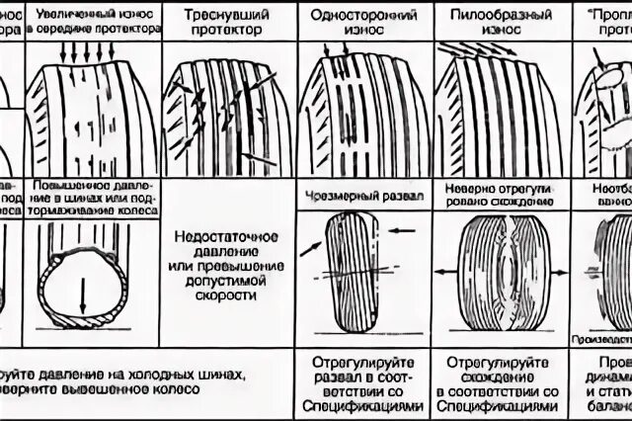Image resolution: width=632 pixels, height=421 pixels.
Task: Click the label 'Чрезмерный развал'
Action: coord(358,196)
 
